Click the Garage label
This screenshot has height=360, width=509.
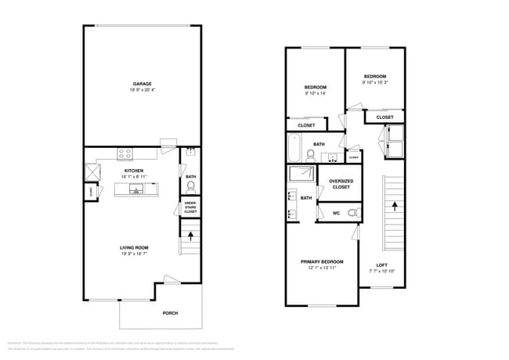click(142, 84)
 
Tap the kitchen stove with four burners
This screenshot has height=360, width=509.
click(125, 153)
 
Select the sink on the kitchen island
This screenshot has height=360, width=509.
click(135, 189)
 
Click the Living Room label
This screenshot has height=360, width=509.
click(134, 247)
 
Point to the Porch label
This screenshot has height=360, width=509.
click(170, 313)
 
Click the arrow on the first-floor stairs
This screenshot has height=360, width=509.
click(190, 232)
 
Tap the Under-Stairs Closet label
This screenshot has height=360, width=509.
click(190, 207)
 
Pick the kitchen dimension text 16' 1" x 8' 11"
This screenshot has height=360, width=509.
click(134, 176)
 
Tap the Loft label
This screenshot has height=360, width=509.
click(381, 265)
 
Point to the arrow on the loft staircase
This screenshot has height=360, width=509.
click(394, 207)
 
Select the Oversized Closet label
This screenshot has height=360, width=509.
click(341, 184)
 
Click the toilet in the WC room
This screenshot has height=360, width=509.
click(352, 212)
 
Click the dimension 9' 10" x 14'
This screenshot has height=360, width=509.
click(315, 93)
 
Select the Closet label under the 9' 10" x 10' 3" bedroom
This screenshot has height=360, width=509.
click(384, 117)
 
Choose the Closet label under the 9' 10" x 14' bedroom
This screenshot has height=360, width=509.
click(306, 125)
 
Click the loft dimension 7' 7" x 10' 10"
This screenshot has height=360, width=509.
click(381, 271)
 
